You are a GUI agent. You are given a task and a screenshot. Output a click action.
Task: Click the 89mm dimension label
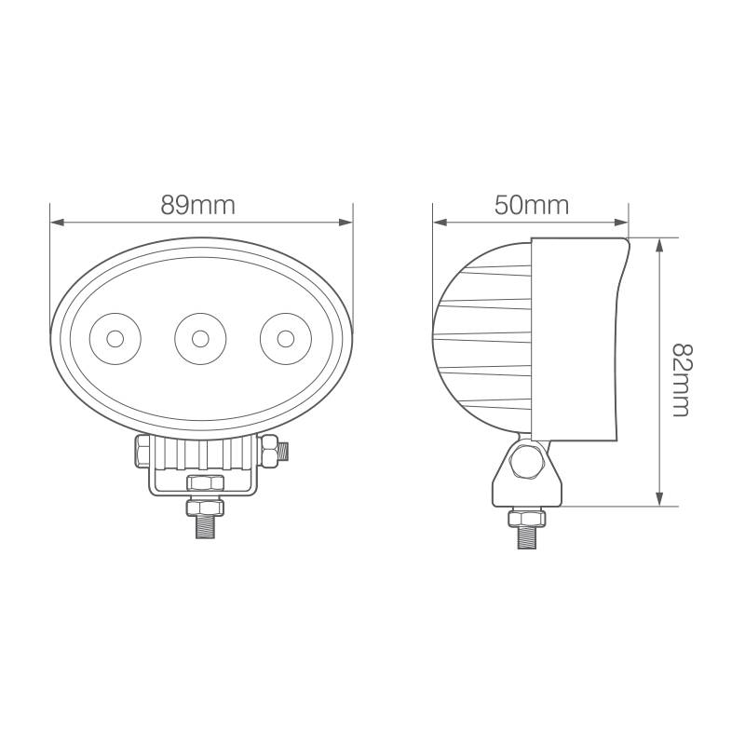point(198,206)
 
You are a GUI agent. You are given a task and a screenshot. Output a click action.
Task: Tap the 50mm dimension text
point(531,206)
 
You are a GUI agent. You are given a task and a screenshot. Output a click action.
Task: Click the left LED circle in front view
point(114,338)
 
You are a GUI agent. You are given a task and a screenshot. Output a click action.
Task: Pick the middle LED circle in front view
point(198,336)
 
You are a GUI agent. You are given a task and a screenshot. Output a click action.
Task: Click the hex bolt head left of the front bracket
point(142,452)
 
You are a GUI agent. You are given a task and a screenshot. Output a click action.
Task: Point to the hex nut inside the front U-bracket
point(204,482)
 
